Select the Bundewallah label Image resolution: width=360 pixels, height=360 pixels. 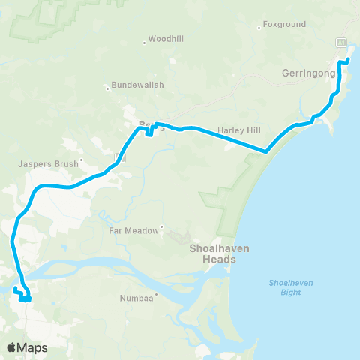coord(137,85)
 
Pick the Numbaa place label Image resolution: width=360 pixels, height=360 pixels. coord(136,298)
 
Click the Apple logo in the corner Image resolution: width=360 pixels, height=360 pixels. coord(13,347)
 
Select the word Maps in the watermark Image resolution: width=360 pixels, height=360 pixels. coord(34,347)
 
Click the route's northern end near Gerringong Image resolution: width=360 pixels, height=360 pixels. coord(349,58)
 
